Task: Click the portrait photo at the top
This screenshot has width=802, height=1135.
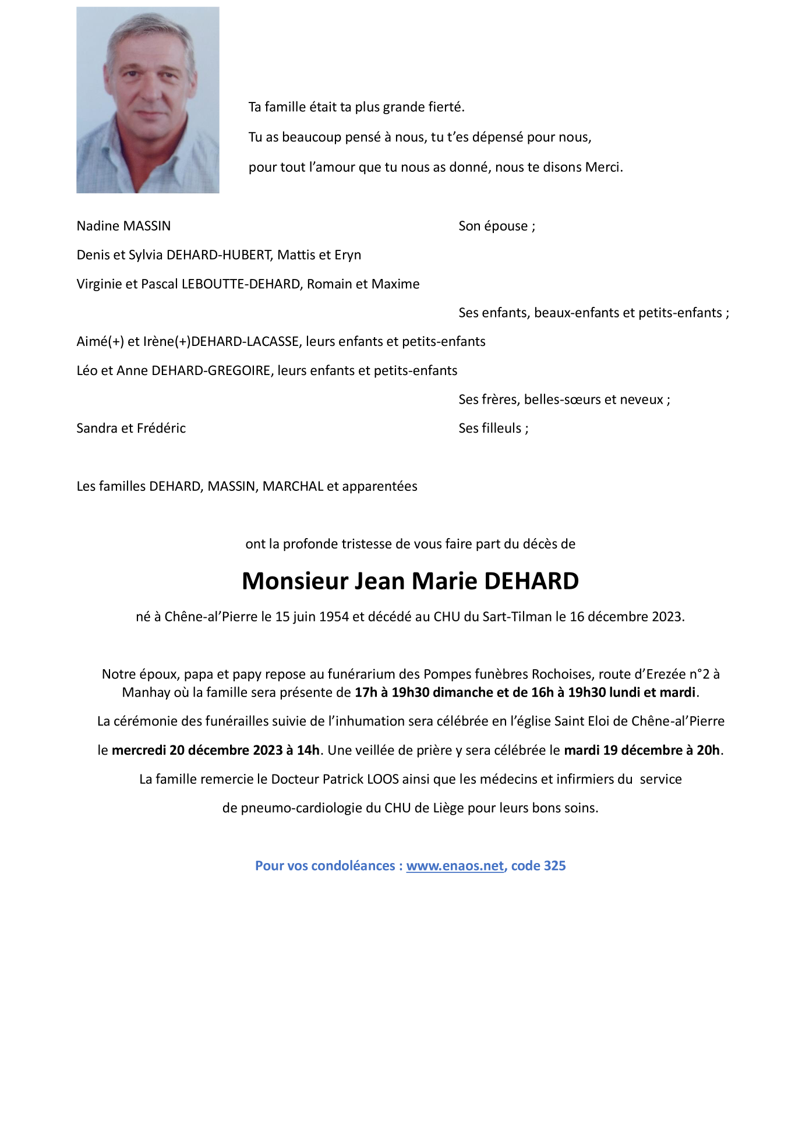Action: pos(148,100)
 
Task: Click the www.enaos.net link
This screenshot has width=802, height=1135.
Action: pos(454,866)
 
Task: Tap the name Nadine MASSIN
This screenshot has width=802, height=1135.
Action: pos(123,226)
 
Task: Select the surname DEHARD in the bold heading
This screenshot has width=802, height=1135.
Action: pos(531,581)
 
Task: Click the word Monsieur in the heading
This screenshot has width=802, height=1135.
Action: pos(294,581)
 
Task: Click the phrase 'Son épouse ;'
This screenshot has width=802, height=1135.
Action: pos(496,226)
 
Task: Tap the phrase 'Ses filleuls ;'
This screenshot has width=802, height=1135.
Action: pos(493,429)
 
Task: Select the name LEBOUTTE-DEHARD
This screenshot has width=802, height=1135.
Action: pos(241,284)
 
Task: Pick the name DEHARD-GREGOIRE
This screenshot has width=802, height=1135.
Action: pos(211,371)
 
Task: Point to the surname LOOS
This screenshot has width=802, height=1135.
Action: pos(383,779)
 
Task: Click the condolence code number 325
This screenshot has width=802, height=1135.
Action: pos(554,866)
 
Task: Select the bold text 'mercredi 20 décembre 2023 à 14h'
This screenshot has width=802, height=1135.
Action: pos(215,750)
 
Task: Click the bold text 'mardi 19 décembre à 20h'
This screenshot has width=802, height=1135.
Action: pos(641,750)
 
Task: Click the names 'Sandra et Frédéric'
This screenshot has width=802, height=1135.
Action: pos(131,429)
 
